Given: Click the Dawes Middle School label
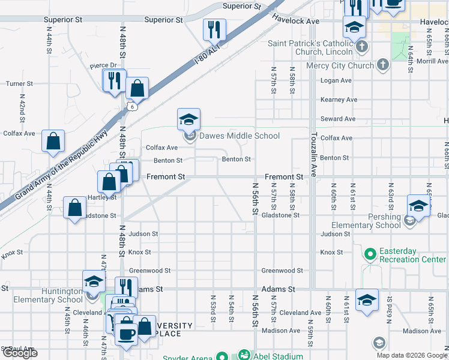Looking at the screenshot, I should pyautogui.click(x=239, y=136).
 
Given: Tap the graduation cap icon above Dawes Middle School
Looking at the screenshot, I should pyautogui.click(x=188, y=119).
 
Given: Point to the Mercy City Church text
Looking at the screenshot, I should pyautogui.click(x=340, y=65).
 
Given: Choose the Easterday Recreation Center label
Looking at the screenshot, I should pyautogui.click(x=412, y=255).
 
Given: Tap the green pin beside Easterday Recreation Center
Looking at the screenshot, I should pyautogui.click(x=369, y=255).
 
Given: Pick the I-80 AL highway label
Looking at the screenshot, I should pyautogui.click(x=208, y=55).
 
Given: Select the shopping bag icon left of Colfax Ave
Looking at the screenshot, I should pyautogui.click(x=53, y=142).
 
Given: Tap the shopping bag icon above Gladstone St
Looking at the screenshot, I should pyautogui.click(x=75, y=209).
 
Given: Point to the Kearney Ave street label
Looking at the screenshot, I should pyautogui.click(x=339, y=100).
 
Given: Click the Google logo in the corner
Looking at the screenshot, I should pyautogui.click(x=19, y=353).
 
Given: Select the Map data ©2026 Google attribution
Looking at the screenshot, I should pyautogui.click(x=411, y=355).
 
